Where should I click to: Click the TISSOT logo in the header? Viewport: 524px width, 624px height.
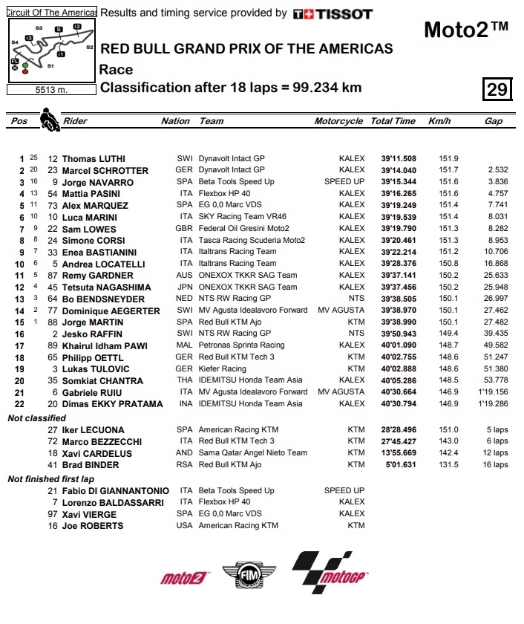(333, 13)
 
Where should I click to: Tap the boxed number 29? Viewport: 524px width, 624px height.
(497, 89)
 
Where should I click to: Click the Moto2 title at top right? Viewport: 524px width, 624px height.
(465, 30)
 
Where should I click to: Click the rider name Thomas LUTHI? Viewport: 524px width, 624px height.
(94, 159)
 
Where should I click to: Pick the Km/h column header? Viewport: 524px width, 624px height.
(439, 121)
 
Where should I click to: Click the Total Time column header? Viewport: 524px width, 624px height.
(393, 121)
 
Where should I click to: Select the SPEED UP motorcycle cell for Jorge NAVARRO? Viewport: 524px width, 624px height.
(344, 182)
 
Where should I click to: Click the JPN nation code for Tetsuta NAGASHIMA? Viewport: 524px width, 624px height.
(185, 287)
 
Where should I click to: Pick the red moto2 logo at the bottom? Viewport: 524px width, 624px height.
(184, 577)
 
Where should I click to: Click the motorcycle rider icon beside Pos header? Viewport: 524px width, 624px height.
(49, 120)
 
